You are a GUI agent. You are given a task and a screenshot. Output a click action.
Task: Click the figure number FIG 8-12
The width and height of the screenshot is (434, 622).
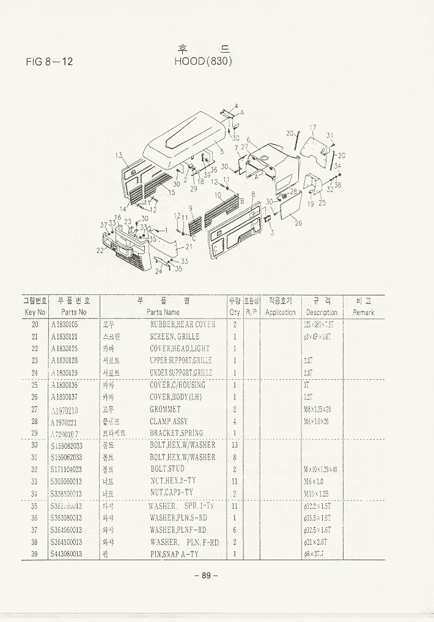pyautogui.click(x=50, y=61)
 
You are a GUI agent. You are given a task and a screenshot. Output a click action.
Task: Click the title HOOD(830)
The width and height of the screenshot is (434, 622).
pyautogui.click(x=204, y=61)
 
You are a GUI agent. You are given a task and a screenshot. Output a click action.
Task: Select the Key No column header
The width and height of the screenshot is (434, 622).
pyautogui.click(x=35, y=312)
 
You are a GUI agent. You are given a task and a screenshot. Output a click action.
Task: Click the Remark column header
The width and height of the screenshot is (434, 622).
pyautogui.click(x=363, y=312)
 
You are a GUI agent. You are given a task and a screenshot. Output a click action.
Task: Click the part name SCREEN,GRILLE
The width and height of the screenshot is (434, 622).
pyautogui.click(x=175, y=336)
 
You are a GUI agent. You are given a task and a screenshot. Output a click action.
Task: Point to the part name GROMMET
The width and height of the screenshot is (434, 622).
pyautogui.click(x=165, y=409)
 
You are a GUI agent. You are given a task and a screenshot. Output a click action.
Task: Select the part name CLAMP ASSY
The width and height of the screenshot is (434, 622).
pyautogui.click(x=169, y=421)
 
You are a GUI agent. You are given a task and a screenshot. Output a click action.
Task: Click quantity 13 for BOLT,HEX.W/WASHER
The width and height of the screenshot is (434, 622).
pyautogui.click(x=235, y=445)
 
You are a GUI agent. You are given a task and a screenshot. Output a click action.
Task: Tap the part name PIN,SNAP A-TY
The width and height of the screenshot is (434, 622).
pyautogui.click(x=174, y=554)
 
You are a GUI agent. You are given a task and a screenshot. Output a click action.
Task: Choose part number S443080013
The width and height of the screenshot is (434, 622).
pyautogui.click(x=67, y=554)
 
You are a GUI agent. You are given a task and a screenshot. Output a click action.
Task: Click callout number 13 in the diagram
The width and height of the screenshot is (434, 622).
pyautogui.click(x=117, y=155)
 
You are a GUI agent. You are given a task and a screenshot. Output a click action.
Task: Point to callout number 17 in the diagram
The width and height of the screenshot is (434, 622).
pyautogui.click(x=312, y=128)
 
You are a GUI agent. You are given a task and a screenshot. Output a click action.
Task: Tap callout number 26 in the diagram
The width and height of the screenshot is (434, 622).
pyautogui.click(x=298, y=223)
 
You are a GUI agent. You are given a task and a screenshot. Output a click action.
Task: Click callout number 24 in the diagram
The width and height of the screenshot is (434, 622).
pyautogui.click(x=158, y=271)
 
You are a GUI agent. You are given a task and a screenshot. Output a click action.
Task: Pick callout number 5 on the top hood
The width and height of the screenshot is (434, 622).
pyautogui.click(x=222, y=151)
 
